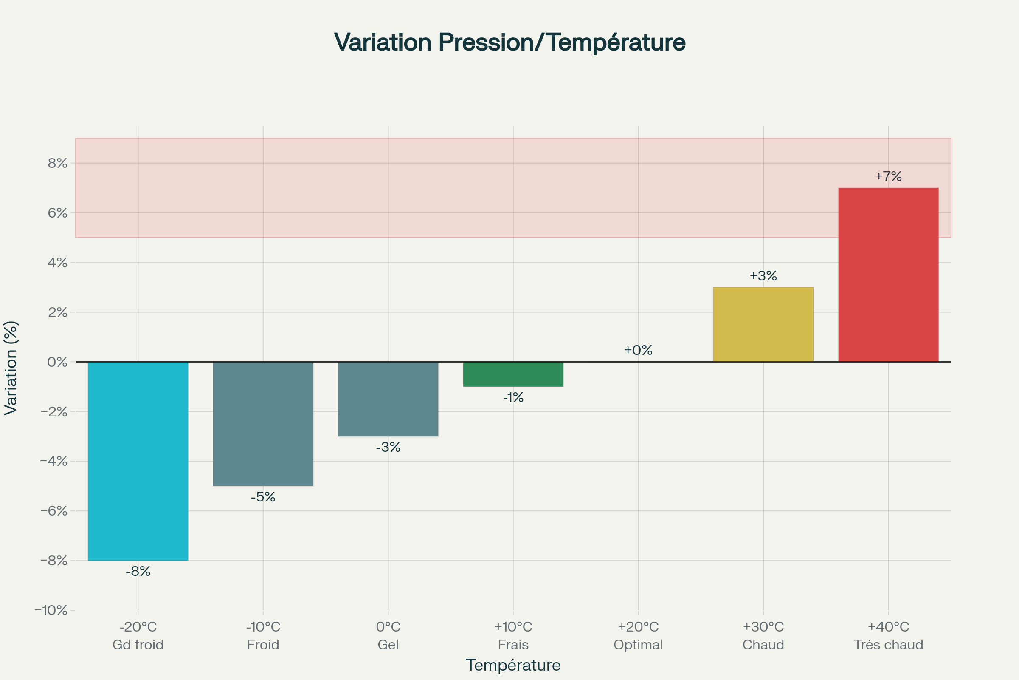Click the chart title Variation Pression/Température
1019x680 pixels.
pos(509,42)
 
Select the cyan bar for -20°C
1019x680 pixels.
pos(138,461)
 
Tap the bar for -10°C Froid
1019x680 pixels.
pos(263,424)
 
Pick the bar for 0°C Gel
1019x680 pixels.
pos(388,399)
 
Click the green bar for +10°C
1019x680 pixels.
pos(513,374)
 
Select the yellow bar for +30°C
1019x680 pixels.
pos(763,324)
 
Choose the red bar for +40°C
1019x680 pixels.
pos(888,275)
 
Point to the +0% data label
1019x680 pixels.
pos(638,350)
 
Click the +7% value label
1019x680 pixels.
pos(888,176)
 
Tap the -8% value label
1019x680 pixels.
pos(138,572)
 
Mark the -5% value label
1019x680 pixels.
pos(263,497)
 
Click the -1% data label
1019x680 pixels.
pos(513,398)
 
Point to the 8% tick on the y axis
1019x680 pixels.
pos(58,164)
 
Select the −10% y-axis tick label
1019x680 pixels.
pos(51,611)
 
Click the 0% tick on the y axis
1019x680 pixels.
pos(58,362)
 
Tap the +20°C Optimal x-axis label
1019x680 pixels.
pos(638,636)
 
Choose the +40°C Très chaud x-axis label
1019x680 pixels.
pos(888,636)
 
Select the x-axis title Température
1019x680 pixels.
pos(513,665)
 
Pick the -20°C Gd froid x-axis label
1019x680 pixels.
pos(138,636)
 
